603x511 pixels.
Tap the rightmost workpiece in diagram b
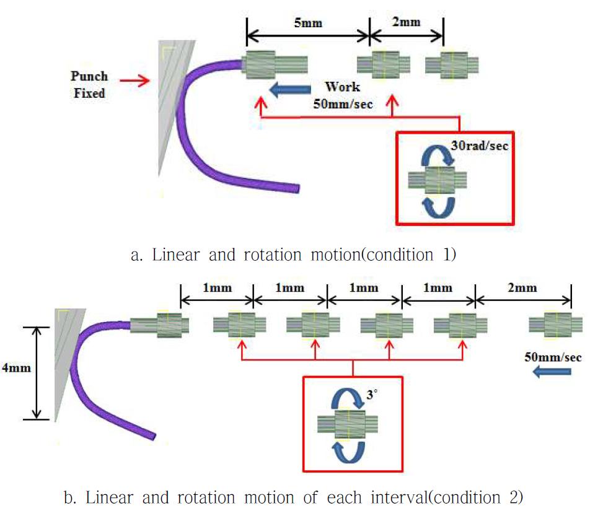tap(555, 324)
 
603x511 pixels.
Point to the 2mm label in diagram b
tap(522, 288)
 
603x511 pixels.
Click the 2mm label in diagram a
tap(407, 22)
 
